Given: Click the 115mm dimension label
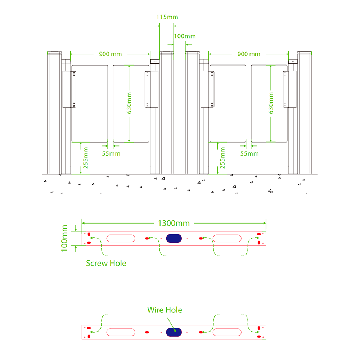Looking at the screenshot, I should tap(167, 17).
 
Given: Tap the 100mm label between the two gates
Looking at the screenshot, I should tap(185, 36).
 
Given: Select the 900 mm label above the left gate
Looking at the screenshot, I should tap(111, 54).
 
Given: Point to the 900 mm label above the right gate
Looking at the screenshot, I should tap(249, 54).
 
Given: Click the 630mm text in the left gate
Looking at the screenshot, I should tap(129, 103).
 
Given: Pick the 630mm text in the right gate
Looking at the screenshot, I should tap(271, 103).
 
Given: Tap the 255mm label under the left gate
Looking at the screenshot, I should tap(86, 158).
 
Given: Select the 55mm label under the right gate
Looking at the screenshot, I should tap(249, 154).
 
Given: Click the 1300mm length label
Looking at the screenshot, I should tap(174, 223).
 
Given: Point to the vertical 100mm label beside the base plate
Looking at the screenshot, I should tap(64, 238).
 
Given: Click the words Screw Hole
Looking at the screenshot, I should tap(106, 263).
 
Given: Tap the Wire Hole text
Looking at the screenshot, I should tap(165, 310).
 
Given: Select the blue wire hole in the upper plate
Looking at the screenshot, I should tap(174, 238).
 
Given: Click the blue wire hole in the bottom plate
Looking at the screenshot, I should tap(174, 332).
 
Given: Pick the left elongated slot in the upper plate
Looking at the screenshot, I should tap(121, 238).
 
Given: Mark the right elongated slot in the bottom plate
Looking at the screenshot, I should tap(227, 332).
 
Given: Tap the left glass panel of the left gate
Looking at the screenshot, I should tap(90, 103).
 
